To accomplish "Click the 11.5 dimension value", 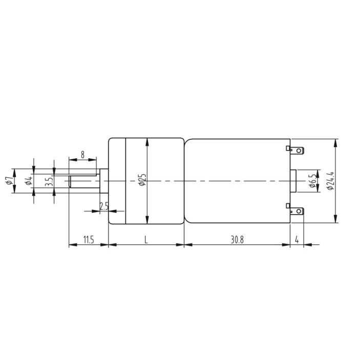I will [x=88, y=239].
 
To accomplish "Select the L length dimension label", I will [x=146, y=239].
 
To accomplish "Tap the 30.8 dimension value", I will [x=237, y=239].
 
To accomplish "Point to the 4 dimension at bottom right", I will [x=297, y=239].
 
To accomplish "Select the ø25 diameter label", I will [x=142, y=180].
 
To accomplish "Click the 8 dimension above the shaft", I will [x=82, y=154].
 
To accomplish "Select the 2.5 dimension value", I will [x=104, y=206].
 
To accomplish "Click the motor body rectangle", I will [x=237, y=180].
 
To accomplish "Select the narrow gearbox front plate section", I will [x=117, y=180].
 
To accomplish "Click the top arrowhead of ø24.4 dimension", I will [x=335, y=141].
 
